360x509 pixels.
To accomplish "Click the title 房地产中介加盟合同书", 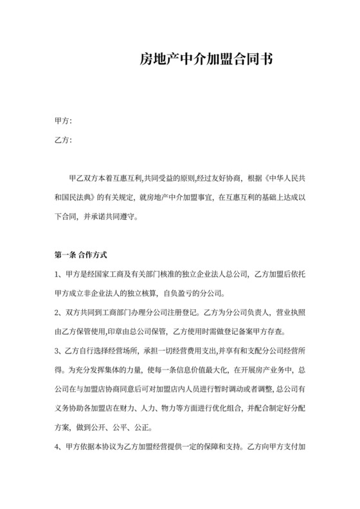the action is click(x=206, y=60).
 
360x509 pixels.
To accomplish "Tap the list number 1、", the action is click(x=60, y=275).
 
